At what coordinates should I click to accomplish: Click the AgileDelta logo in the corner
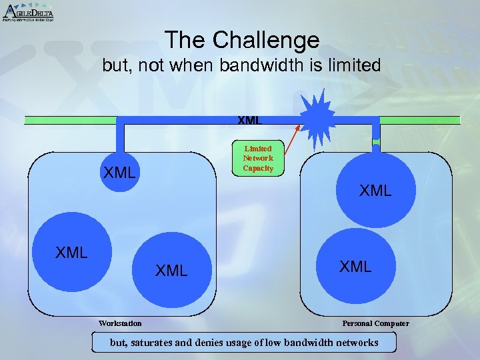(x=27, y=12)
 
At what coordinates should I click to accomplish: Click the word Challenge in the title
(x=267, y=41)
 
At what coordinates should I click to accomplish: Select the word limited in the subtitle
(x=353, y=66)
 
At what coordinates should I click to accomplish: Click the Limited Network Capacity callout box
(x=258, y=159)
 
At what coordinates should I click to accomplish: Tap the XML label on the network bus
(x=249, y=121)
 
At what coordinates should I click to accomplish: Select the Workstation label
(x=120, y=323)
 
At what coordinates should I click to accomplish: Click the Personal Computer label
(x=375, y=323)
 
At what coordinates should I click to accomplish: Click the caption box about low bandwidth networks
(x=243, y=343)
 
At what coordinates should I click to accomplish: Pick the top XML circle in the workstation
(x=120, y=173)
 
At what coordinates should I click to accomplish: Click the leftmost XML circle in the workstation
(x=70, y=253)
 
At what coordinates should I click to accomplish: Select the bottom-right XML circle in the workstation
(x=171, y=269)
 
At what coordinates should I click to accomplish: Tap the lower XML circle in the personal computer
(x=355, y=267)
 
